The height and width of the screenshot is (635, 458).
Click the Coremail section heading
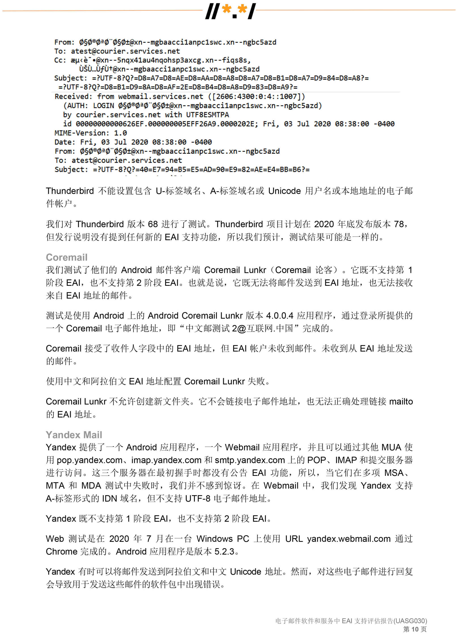pyautogui.click(x=67, y=257)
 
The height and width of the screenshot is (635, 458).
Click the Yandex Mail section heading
pyautogui.click(x=74, y=435)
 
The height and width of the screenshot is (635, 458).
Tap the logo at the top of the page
pyautogui.click(x=230, y=11)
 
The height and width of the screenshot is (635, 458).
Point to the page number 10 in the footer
pyautogui.click(x=415, y=629)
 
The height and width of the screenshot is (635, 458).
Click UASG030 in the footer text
pyautogui.click(x=410, y=621)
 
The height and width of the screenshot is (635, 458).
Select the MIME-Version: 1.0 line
pyautogui.click(x=90, y=133)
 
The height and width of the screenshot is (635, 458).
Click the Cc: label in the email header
pyautogui.click(x=60, y=60)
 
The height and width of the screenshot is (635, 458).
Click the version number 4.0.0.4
pyautogui.click(x=280, y=315)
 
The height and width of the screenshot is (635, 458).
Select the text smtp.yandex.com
pyautogui.click(x=250, y=460)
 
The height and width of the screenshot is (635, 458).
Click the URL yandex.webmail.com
pyautogui.click(x=349, y=539)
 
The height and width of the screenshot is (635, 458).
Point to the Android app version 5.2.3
pyautogui.click(x=224, y=551)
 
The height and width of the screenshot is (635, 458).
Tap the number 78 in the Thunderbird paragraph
pyautogui.click(x=399, y=224)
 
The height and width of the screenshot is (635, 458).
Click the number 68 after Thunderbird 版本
pyautogui.click(x=153, y=224)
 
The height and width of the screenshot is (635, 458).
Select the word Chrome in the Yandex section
pyautogui.click(x=61, y=551)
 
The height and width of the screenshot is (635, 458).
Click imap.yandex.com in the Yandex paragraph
pyautogui.click(x=166, y=460)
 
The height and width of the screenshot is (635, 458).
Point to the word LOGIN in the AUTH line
pyautogui.click(x=103, y=106)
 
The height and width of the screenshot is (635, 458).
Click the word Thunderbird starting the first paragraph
pyautogui.click(x=70, y=191)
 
